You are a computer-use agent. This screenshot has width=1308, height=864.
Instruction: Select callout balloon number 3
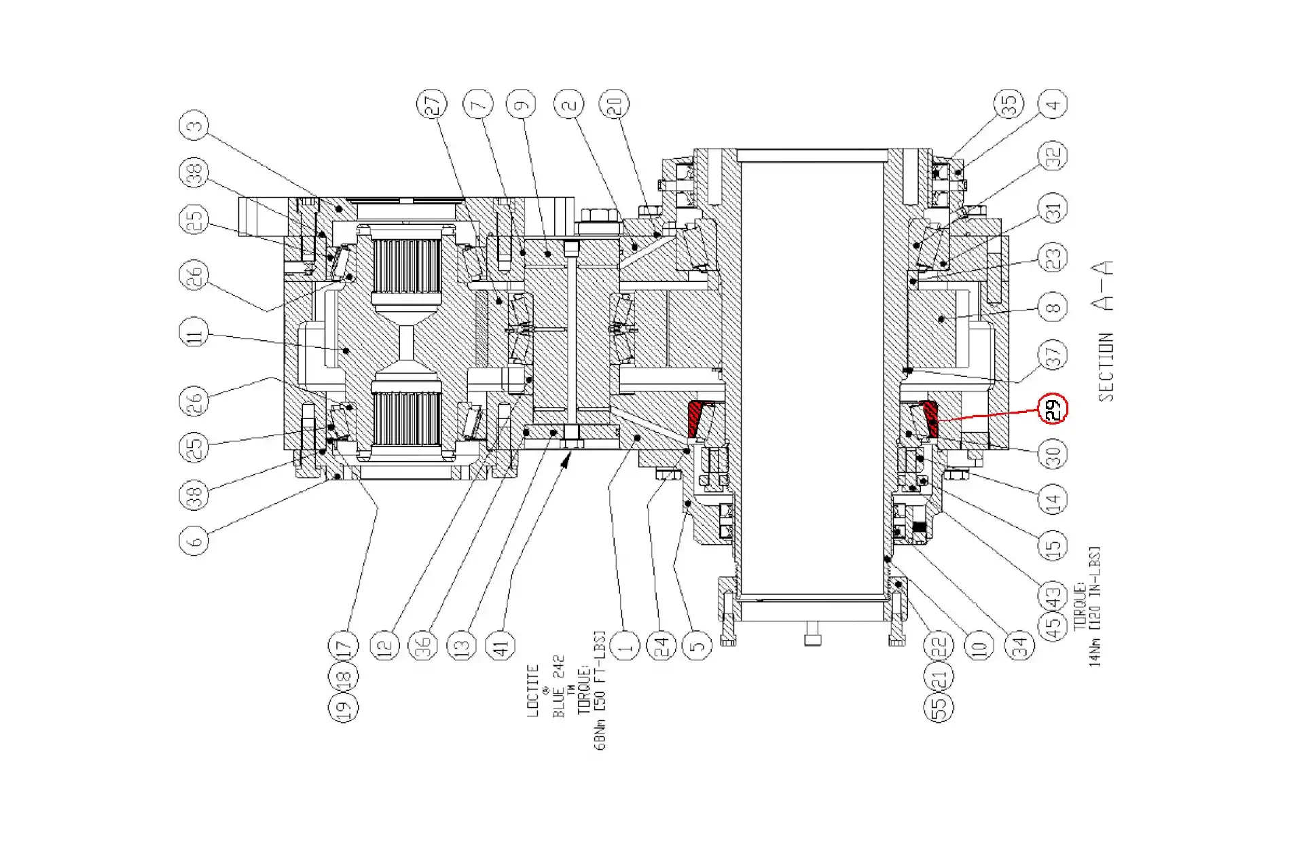pos(194,126)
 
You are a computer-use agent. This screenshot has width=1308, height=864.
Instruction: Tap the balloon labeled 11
pos(194,334)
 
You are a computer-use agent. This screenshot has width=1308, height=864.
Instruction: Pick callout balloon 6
pos(194,541)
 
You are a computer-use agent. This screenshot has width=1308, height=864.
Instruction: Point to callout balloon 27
pos(432,104)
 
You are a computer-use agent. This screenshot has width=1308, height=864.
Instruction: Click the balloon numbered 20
pos(614,104)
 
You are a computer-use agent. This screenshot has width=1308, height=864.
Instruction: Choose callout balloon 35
pos(1009,104)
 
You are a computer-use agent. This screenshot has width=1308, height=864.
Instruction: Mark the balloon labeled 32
pos(1053,156)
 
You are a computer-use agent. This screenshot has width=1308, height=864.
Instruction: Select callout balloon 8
pos(1053,307)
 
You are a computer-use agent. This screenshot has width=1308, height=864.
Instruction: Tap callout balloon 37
pos(1053,354)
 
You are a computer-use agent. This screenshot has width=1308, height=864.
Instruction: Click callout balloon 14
pos(1053,500)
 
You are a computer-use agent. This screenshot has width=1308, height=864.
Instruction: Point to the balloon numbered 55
pos(939,707)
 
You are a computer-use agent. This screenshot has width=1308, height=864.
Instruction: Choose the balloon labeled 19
pos(343,707)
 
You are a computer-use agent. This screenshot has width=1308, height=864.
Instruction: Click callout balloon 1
pos(625,645)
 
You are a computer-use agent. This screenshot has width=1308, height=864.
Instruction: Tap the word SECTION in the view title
pos(1106,367)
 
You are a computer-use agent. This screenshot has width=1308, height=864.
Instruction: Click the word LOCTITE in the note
pos(533,690)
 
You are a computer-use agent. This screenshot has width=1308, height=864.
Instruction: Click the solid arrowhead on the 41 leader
pos(565,463)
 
